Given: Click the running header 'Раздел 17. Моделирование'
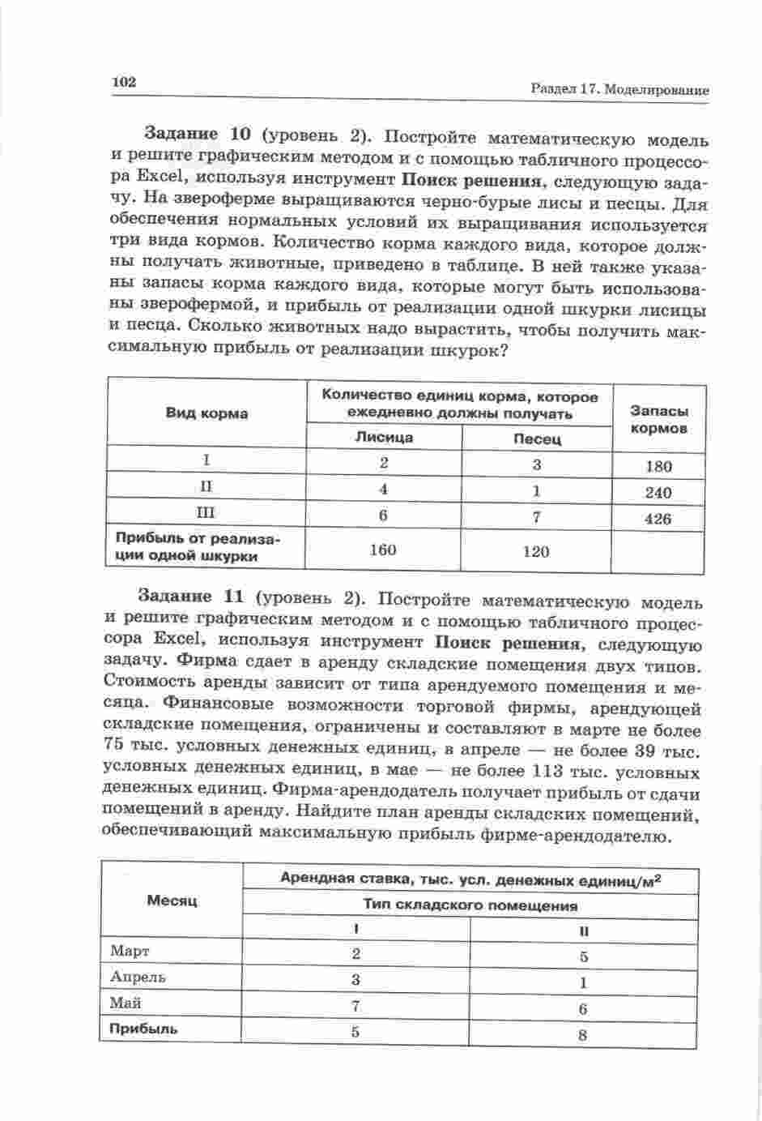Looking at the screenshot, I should (619, 90).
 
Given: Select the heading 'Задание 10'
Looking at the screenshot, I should (193, 133).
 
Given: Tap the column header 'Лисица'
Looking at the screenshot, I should (384, 437).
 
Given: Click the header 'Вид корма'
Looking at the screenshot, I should (207, 413).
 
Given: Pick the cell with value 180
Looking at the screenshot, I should (658, 466).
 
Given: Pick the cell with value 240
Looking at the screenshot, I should (658, 493).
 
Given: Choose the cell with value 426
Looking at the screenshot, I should (658, 519).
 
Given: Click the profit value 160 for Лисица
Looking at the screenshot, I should (382, 550).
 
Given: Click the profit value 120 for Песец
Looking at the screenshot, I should (536, 551).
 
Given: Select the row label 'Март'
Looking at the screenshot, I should (130, 950).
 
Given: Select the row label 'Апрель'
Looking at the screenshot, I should (138, 976).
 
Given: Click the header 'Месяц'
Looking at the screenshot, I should (172, 901).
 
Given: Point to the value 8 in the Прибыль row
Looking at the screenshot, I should (583, 1034).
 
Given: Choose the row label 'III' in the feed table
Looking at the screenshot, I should (207, 512).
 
